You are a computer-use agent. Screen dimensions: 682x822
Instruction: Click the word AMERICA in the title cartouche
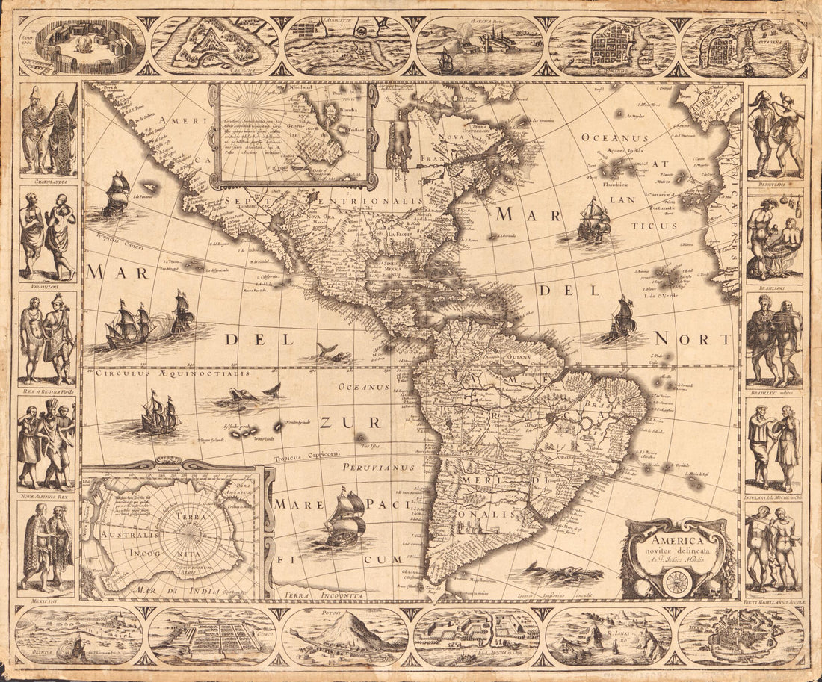(676, 541)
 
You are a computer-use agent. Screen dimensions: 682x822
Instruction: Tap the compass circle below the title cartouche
(676, 582)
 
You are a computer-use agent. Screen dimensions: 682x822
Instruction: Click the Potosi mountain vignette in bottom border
(345, 636)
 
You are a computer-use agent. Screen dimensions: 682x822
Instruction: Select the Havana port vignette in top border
(478, 46)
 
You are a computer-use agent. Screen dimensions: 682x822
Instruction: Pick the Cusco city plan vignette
(211, 636)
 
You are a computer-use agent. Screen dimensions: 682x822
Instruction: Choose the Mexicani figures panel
(48, 549)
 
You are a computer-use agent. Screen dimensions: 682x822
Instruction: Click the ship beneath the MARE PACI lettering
(345, 518)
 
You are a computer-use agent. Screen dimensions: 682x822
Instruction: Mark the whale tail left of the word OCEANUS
(271, 389)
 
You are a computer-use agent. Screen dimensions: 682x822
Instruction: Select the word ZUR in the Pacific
(339, 423)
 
